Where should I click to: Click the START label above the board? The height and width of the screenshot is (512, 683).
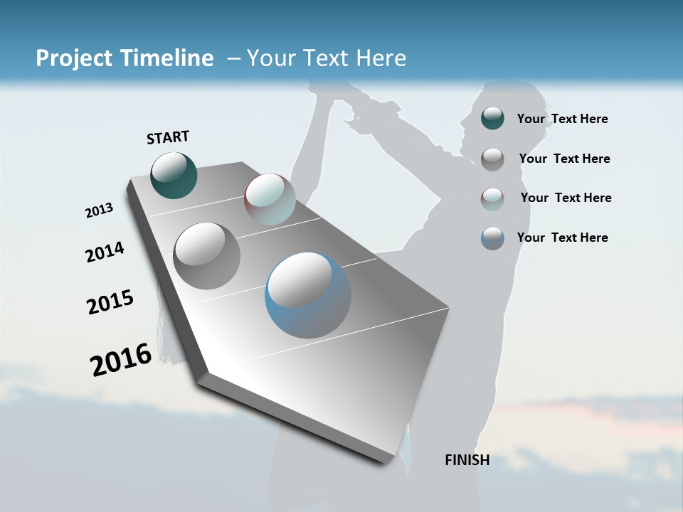coord(168,137)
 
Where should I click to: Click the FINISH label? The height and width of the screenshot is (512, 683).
coord(467,460)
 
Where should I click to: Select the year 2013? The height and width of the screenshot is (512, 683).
coord(99,210)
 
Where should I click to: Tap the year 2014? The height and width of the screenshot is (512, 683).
coord(105,252)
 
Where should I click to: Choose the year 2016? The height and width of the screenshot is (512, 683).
coord(121,359)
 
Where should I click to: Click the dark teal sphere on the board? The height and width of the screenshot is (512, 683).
coord(174,175)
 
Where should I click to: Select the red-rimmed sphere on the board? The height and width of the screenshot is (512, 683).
coord(270,199)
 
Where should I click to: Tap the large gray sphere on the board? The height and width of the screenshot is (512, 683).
coord(206,256)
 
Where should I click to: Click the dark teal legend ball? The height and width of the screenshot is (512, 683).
coord(492,118)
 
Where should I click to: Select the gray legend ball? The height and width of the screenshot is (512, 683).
coord(492,159)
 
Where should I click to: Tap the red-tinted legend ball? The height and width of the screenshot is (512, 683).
coord(492,198)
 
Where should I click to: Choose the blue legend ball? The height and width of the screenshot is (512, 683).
coord(492,238)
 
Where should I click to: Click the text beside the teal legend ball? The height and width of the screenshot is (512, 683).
coord(562,119)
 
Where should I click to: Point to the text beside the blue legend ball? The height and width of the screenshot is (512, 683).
coord(562,238)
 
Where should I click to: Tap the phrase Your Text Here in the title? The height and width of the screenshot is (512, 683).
coord(327,58)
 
